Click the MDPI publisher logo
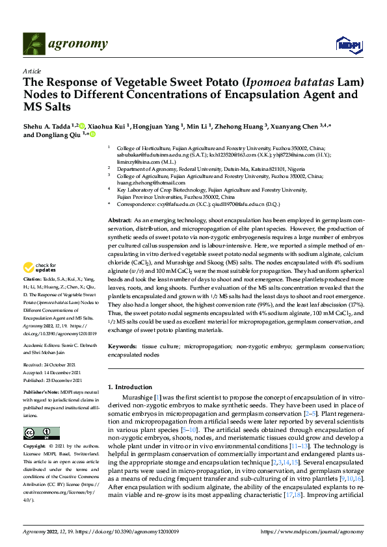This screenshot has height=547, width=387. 348,44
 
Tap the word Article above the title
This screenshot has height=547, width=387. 32,71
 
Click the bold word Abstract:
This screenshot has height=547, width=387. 119,221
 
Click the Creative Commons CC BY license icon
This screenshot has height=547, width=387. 41,433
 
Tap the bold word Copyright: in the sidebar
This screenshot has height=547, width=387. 35,448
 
